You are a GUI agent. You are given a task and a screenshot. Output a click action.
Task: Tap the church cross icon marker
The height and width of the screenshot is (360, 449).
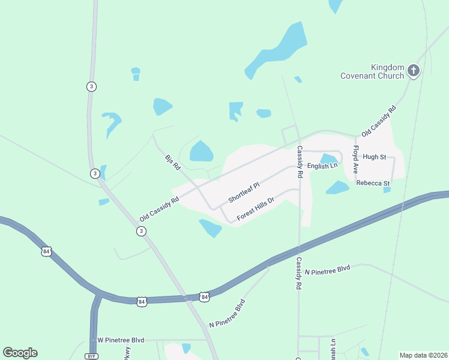tap(413, 71)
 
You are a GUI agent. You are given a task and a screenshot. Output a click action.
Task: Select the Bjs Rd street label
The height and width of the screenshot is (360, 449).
tap(172, 163)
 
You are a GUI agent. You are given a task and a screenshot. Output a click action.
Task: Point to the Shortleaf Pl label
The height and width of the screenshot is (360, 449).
tap(243, 193)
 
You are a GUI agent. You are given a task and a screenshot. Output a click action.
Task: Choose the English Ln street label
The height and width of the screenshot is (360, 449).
tap(322, 166)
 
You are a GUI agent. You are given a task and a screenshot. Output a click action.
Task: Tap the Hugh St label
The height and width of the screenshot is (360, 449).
tap(374, 157)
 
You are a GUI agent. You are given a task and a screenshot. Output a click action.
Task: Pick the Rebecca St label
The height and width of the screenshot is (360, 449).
tap(373, 183)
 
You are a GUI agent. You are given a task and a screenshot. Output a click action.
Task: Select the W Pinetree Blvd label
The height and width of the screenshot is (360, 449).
tap(122, 340)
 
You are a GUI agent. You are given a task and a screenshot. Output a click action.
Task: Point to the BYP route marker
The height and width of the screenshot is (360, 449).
tap(92, 356)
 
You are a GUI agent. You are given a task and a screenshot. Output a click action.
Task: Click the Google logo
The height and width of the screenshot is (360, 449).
tap(20, 353)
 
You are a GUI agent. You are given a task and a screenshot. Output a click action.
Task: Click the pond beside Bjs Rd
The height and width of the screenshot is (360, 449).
tap(201, 151)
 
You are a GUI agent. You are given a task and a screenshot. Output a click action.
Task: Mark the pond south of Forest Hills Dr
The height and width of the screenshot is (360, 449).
tap(211, 227)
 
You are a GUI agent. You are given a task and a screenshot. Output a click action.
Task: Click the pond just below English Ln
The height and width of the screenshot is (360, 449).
tap(337, 188)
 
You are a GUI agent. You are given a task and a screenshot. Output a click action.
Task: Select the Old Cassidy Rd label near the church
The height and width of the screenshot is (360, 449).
tap(379, 121)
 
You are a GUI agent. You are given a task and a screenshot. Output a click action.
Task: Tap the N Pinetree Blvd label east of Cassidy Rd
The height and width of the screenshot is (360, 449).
tap(327, 271)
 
